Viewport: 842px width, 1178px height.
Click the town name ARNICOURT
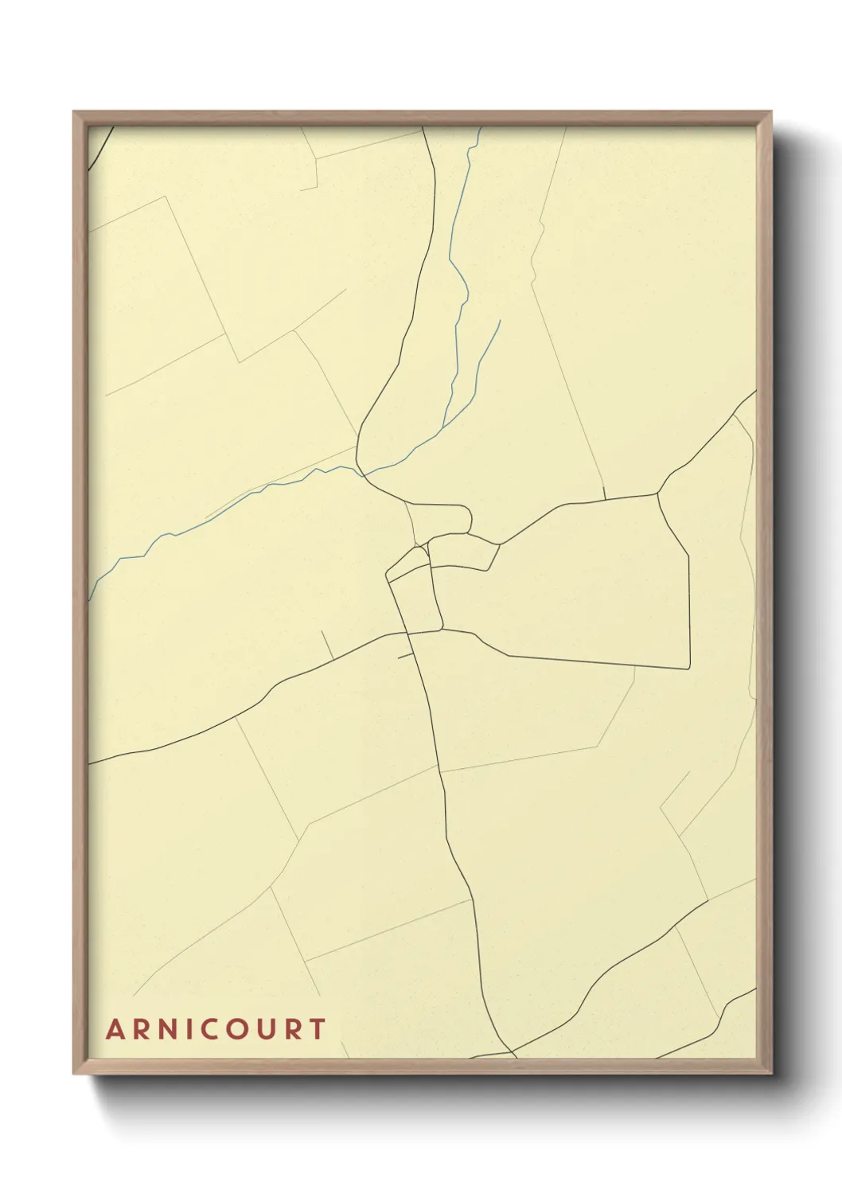coord(216,1028)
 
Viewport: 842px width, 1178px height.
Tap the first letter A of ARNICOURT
coord(115,1029)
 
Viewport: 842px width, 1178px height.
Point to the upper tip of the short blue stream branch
coord(500,321)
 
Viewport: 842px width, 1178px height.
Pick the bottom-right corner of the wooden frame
coord(771,1074)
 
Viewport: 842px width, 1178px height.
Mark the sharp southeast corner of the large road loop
coord(689,667)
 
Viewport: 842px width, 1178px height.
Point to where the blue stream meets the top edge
coord(481,127)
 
